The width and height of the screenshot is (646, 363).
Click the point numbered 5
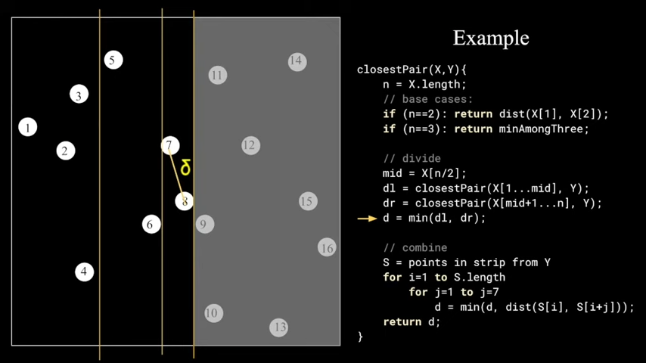[x=113, y=60]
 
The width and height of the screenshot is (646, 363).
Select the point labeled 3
[x=79, y=95]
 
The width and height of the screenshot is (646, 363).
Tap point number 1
[x=28, y=127]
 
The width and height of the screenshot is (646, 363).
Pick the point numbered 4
[x=84, y=271]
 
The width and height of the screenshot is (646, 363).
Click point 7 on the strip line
[x=170, y=145]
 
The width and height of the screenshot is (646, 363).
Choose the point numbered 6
[x=151, y=224]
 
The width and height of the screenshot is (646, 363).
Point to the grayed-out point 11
[x=217, y=75]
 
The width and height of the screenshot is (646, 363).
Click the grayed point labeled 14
[x=297, y=61]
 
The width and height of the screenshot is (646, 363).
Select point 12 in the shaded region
[x=250, y=145]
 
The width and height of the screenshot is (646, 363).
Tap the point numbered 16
[x=326, y=247]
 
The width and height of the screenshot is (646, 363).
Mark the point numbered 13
[x=279, y=327]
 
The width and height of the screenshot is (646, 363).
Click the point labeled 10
[x=213, y=312]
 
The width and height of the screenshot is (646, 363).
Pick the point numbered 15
[x=306, y=201]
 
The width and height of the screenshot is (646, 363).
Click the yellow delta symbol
[x=185, y=168]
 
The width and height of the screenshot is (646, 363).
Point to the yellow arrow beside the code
[x=367, y=219]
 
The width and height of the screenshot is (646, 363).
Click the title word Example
[x=490, y=38]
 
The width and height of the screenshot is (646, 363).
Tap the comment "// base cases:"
[x=427, y=99]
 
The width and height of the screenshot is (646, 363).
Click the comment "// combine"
[x=415, y=247]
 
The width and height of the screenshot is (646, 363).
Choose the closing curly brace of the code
[x=360, y=337]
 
